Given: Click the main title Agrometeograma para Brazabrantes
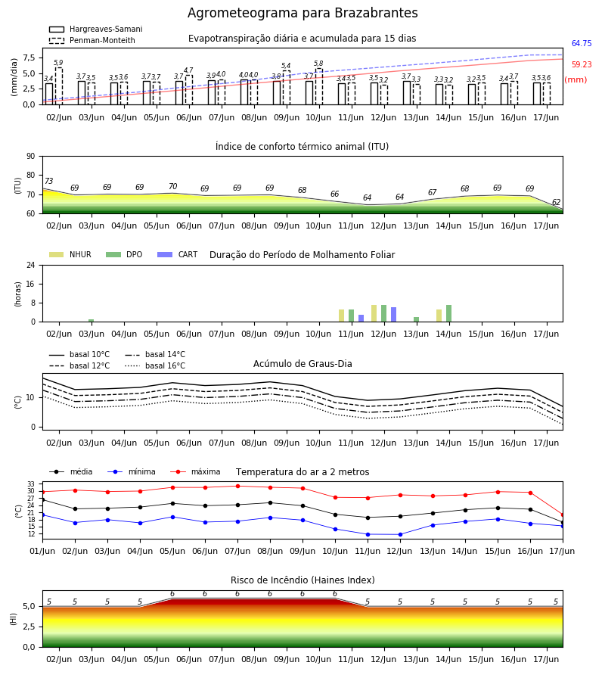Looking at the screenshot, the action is pyautogui.click(x=302, y=13).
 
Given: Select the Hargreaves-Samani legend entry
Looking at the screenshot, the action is pyautogui.click(x=95, y=29).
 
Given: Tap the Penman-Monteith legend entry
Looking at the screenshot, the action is pyautogui.click(x=92, y=40).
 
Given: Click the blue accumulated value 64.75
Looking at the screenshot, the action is pyautogui.click(x=582, y=43).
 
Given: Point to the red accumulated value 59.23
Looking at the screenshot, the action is pyautogui.click(x=582, y=65).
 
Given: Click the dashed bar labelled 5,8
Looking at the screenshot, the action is pyautogui.click(x=319, y=86).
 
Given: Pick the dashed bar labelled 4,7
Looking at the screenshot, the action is pyautogui.click(x=189, y=90).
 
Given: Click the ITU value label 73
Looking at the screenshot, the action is pyautogui.click(x=48, y=181).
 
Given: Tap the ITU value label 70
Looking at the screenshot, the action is pyautogui.click(x=172, y=186).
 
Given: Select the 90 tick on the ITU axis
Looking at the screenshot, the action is pyautogui.click(x=31, y=157).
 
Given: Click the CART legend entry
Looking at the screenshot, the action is pyautogui.click(x=178, y=254).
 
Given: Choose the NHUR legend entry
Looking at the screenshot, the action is pyautogui.click(x=70, y=254).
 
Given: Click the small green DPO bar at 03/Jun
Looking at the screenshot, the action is pyautogui.click(x=92, y=321).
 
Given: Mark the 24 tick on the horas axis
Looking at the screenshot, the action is pyautogui.click(x=31, y=265).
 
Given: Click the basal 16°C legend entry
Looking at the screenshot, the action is pyautogui.click(x=155, y=365).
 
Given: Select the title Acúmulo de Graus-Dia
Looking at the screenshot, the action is pyautogui.click(x=302, y=364).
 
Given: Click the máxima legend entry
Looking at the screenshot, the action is pyautogui.click(x=195, y=471).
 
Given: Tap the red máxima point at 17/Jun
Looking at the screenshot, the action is pyautogui.click(x=563, y=515).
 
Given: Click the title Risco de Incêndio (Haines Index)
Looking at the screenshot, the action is pyautogui.click(x=302, y=580).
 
